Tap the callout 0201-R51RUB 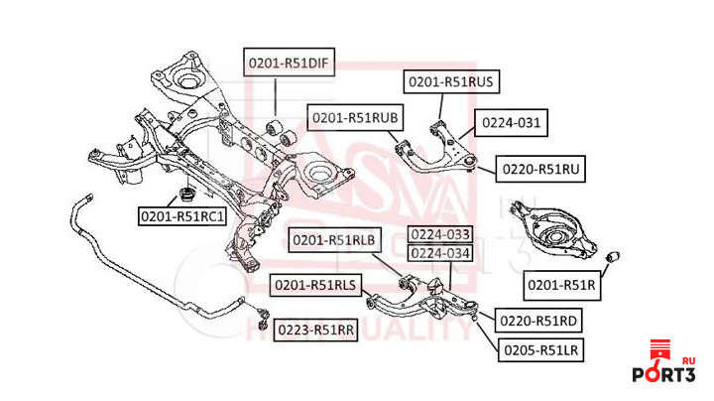355,117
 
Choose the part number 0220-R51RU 539,170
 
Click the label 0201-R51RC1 181,215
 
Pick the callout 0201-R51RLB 334,238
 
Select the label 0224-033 441,236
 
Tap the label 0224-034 441,254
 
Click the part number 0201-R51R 561,286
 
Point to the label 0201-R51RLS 316,285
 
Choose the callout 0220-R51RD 539,322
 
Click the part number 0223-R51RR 314,330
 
